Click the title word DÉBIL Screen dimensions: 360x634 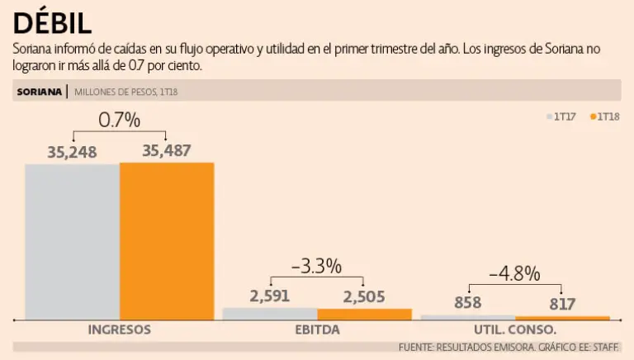point(53,22)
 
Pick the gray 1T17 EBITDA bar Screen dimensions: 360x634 point(270,314)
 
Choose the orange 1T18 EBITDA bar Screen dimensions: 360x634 point(364,314)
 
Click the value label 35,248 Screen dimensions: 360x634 point(73,151)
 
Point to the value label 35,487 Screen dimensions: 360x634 point(167,151)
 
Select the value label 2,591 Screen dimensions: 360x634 point(269,296)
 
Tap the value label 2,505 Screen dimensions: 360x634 point(364,296)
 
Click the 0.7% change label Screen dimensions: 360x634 point(120,121)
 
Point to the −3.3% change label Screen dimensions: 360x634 point(316,266)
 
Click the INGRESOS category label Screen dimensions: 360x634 point(120,329)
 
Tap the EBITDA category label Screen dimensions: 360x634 point(317,329)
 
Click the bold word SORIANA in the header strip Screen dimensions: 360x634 point(39,91)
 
